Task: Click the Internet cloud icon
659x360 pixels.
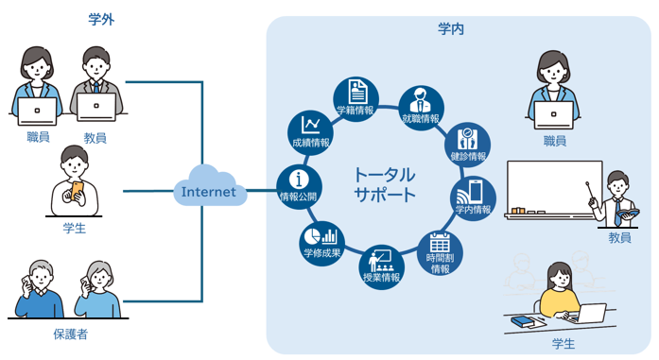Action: pyautogui.click(x=209, y=191)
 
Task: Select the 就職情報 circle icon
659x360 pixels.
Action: pyautogui.click(x=419, y=108)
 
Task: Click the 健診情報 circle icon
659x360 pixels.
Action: pyautogui.click(x=465, y=143)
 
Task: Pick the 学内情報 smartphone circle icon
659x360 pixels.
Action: pyautogui.click(x=472, y=197)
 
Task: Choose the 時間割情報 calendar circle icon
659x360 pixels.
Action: pyautogui.click(x=440, y=250)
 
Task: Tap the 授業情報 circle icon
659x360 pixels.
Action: pyautogui.click(x=382, y=267)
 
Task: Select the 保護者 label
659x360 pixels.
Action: pyautogui.click(x=71, y=334)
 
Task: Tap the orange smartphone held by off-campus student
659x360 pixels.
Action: pyautogui.click(x=77, y=192)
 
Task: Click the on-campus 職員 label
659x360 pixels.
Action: pyautogui.click(x=555, y=141)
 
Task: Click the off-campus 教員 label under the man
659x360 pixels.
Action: pyautogui.click(x=95, y=138)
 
